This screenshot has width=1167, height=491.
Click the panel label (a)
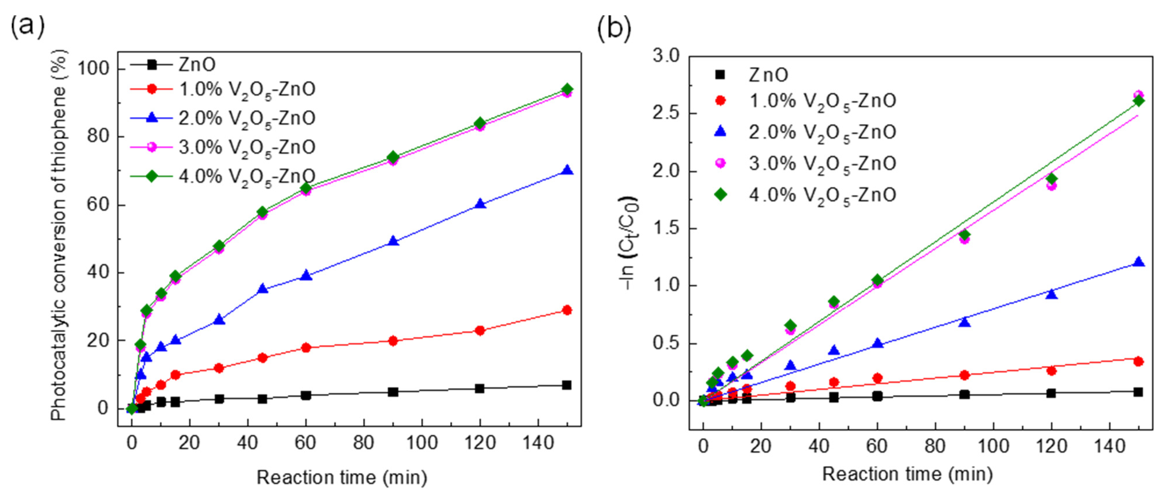pyautogui.click(x=27, y=26)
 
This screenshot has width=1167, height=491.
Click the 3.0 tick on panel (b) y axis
pyautogui.click(x=666, y=56)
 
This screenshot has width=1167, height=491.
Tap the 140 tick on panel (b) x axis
pyautogui.click(x=1110, y=446)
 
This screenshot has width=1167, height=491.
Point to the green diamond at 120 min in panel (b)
pyautogui.click(x=1052, y=178)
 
